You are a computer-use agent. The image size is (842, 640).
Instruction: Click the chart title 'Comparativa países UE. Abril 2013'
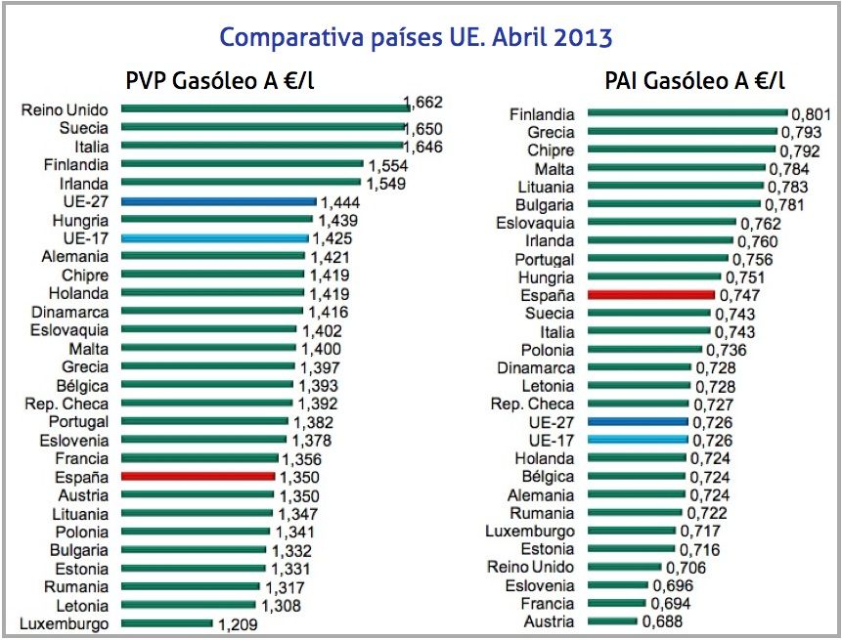tap(416, 38)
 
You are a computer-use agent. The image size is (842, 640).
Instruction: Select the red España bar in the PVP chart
tap(198, 476)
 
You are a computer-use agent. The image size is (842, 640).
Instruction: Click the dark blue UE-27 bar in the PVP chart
tap(218, 201)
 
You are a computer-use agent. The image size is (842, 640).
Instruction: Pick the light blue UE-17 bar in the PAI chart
tap(637, 440)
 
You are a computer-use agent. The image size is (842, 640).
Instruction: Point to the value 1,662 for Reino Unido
tap(423, 103)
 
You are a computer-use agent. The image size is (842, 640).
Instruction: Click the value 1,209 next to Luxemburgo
tap(238, 623)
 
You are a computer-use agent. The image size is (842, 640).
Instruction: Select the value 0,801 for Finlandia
tap(811, 114)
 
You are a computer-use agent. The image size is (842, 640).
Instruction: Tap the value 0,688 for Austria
tap(662, 621)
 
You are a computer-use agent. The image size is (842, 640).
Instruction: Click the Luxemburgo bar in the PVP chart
tap(166, 623)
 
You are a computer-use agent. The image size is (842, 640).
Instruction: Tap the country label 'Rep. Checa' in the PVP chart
tap(66, 403)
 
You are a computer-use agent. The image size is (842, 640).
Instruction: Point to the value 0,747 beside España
tap(738, 294)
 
